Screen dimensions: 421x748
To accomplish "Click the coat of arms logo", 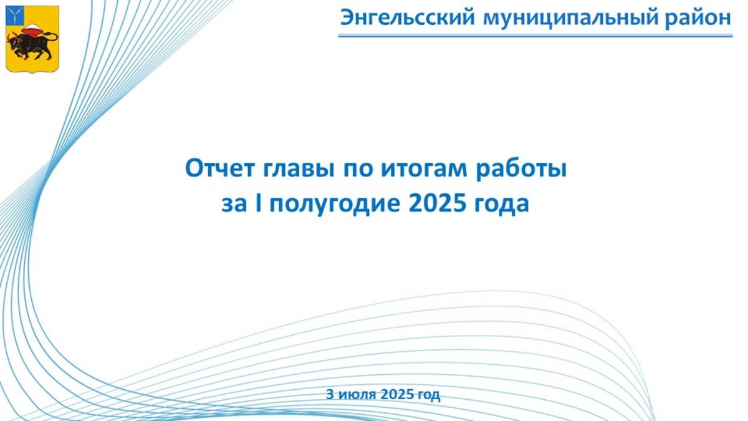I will point(32,39).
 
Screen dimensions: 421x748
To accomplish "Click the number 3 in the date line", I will point(330,394).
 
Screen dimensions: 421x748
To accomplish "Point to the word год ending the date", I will point(429,394).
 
